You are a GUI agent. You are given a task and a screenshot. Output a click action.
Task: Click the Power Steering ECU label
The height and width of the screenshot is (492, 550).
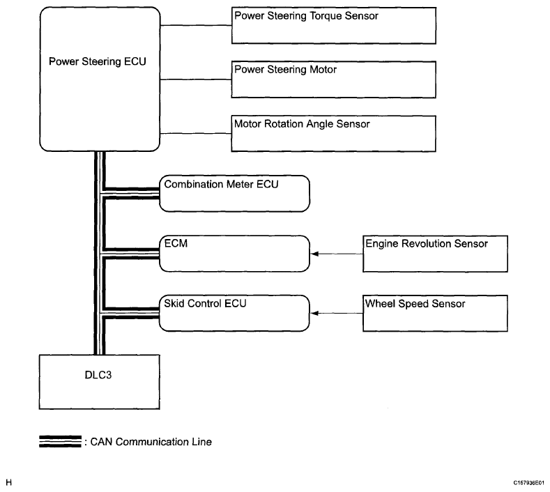(x=97, y=62)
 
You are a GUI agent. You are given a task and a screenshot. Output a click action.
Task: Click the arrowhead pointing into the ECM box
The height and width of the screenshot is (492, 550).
(x=314, y=254)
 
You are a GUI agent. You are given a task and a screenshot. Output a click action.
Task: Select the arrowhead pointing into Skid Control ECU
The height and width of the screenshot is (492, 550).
(x=314, y=313)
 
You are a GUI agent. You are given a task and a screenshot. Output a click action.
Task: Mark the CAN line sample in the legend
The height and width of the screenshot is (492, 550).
(x=60, y=442)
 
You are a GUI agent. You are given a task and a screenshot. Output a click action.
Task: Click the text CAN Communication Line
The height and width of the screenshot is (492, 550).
(x=151, y=442)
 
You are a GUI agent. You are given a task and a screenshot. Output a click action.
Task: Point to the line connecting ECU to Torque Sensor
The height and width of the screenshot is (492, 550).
(x=196, y=25)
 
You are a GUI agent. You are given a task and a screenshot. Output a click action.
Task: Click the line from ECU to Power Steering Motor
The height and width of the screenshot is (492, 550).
(x=196, y=79)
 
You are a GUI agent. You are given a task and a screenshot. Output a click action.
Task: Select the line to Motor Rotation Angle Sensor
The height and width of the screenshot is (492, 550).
(x=196, y=133)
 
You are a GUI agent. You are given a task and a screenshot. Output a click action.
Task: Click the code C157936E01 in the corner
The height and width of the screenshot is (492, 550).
(x=529, y=483)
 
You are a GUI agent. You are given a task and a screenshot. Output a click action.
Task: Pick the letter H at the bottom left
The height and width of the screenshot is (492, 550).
(x=9, y=482)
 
